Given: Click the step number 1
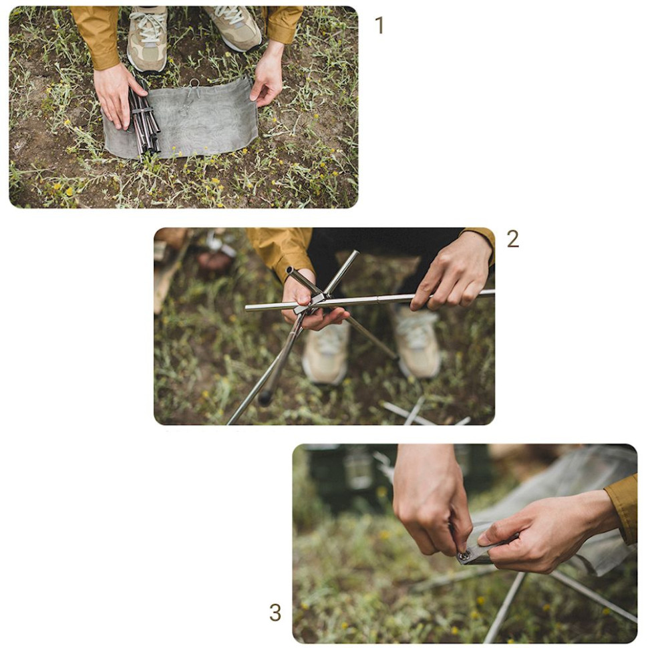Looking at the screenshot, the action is [379, 25].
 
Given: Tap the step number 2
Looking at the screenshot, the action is [512, 239].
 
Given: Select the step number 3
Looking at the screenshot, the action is [275, 613].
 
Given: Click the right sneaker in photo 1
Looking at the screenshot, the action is [234, 27].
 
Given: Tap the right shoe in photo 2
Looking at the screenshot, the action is [418, 342].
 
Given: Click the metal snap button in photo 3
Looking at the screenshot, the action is [464, 556].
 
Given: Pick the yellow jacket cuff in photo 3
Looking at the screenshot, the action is [622, 508].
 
